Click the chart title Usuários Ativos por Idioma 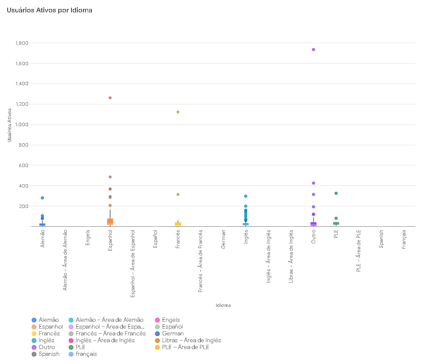49,10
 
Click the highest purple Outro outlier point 313,49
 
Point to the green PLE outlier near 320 336,194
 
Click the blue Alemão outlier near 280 42,198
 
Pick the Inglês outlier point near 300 245,196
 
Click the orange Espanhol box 110,222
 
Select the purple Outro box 313,224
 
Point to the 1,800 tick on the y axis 22,43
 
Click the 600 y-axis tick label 23,165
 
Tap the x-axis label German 223,239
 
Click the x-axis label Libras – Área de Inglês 291,257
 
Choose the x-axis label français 404,240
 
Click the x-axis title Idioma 223,305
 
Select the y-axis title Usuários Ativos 9,125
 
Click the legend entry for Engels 168,320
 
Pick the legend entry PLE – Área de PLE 182,347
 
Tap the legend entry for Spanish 46,354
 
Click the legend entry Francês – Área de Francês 107,334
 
